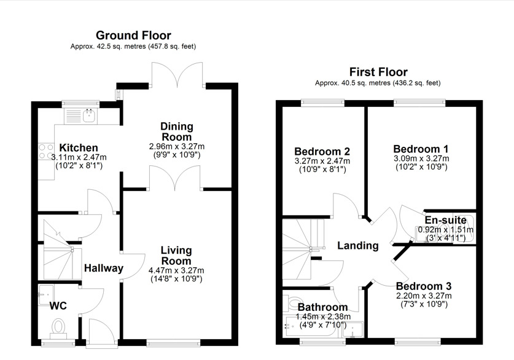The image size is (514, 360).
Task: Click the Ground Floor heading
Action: point(133,36)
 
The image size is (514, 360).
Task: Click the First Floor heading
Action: point(378,72)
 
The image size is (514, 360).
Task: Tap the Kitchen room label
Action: point(79,147)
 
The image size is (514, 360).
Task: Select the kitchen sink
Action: point(90,115)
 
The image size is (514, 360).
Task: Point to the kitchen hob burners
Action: point(46,152)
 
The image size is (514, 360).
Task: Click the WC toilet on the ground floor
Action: point(58,328)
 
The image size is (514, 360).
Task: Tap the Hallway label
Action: point(104,268)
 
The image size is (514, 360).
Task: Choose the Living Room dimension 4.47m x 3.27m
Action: point(176,270)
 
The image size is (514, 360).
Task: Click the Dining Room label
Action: point(177,131)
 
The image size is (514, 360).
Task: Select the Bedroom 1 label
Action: point(421,149)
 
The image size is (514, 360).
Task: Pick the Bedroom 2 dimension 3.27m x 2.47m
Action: point(322,161)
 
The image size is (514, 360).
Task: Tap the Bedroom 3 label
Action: point(424,286)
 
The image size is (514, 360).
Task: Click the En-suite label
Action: point(445,220)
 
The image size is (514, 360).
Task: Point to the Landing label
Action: point(358,246)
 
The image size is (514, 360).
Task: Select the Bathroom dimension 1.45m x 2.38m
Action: point(323,317)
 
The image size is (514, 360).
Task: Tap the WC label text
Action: point(58,306)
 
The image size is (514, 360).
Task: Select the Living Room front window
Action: point(173,343)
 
